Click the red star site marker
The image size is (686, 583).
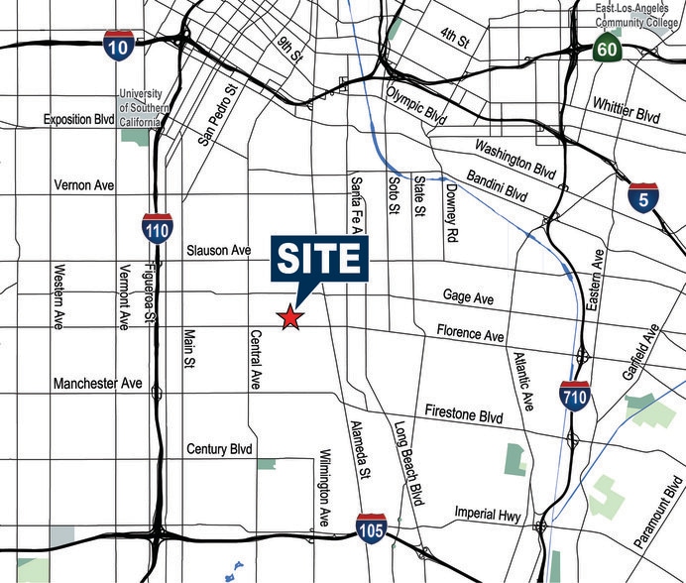coord(289,317)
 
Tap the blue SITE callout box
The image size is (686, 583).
coord(317,259)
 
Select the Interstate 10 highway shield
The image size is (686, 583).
coord(118,45)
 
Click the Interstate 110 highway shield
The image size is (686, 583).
coord(157,228)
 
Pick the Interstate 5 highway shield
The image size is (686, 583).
coord(643,198)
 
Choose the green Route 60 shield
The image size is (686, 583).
coord(608,47)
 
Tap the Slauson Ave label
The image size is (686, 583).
coord(219,251)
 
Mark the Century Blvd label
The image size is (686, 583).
coord(219,449)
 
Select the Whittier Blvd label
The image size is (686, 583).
coord(628,107)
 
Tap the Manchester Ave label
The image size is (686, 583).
coord(98,384)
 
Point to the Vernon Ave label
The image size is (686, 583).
coord(86,185)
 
